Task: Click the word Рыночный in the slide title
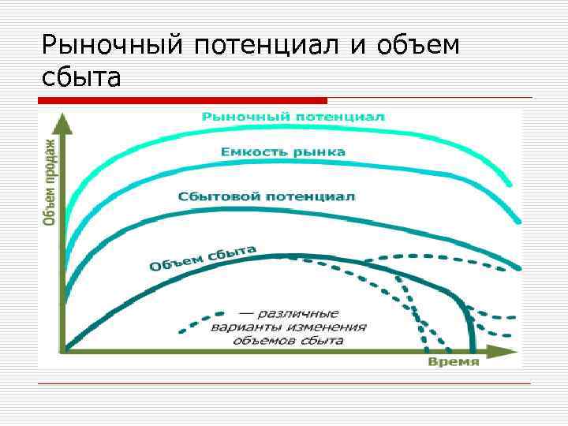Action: (x=111, y=45)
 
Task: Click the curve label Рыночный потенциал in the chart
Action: (x=293, y=117)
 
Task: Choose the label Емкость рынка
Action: (x=282, y=151)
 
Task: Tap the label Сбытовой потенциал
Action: (x=267, y=196)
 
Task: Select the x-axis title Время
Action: (x=454, y=362)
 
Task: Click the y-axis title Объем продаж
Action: (x=49, y=182)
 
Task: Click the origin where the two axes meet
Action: (x=66, y=349)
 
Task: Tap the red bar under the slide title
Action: (x=182, y=101)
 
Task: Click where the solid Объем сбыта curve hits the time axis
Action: (x=472, y=349)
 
